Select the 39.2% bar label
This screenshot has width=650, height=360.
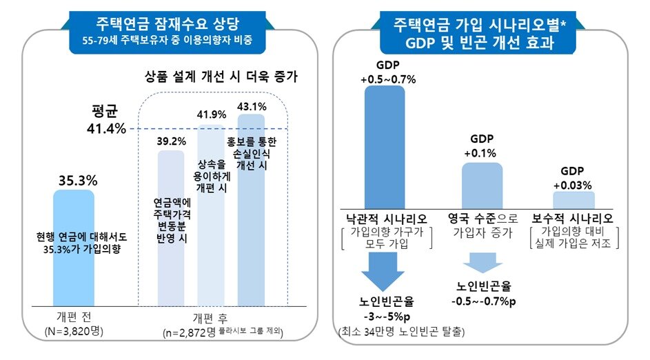170,141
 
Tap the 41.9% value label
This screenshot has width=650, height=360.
212,114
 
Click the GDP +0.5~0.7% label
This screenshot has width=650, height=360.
387,72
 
